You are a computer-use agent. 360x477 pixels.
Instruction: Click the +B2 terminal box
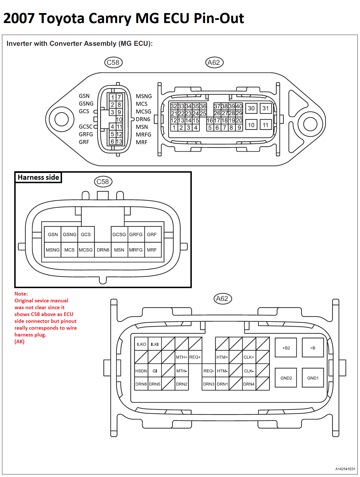[286, 348]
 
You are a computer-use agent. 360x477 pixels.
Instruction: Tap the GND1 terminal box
[312, 378]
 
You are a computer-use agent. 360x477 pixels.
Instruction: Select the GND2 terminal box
[286, 378]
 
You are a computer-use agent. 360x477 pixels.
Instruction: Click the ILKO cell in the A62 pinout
[141, 344]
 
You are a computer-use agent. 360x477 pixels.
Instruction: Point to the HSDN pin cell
[141, 371]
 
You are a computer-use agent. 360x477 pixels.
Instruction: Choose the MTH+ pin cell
[182, 357]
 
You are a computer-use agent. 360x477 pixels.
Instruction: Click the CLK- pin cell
[249, 371]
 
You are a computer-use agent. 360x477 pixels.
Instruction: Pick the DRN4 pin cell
[249, 384]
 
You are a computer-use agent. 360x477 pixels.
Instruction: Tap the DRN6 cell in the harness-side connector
[103, 250]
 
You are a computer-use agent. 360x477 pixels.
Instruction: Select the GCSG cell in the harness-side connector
[119, 234]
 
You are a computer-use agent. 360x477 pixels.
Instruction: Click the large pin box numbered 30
[251, 108]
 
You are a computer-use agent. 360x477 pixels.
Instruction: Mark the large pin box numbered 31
[266, 108]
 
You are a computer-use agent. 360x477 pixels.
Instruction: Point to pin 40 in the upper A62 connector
[239, 106]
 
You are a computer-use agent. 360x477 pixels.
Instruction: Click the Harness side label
[38, 177]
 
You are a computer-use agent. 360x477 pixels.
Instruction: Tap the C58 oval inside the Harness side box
[103, 181]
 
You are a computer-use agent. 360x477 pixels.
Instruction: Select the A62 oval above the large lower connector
[222, 299]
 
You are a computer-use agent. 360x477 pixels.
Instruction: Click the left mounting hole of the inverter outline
[61, 119]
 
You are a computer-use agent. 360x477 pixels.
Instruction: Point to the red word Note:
[21, 294]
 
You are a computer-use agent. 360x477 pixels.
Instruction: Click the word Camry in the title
[110, 18]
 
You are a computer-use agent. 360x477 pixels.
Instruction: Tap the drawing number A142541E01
[345, 469]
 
